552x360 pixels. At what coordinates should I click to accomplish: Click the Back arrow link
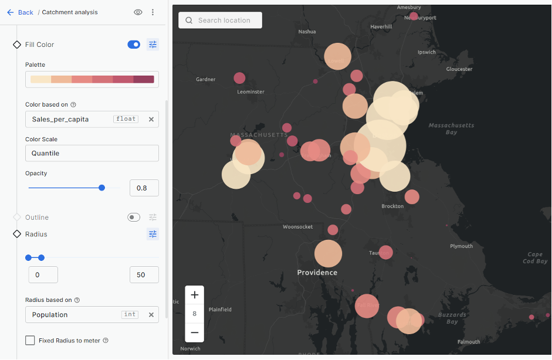coord(20,12)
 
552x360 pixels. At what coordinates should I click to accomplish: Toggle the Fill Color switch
coord(134,45)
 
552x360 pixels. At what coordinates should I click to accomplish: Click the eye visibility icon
coord(138,12)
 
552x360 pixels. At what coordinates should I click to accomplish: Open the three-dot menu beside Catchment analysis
coord(153,12)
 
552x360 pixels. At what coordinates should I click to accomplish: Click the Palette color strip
coord(92,79)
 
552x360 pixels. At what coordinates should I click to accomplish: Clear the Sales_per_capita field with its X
coord(151,119)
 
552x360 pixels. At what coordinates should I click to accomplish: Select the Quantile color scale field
coord(92,153)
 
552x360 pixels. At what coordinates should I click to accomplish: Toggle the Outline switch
coord(134,218)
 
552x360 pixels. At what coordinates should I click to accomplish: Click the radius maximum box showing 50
coord(144,274)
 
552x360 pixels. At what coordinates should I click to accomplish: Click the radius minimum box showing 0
coord(43,274)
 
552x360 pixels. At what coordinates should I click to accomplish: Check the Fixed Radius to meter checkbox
coord(30,341)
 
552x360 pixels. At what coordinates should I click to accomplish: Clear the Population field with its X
coord(151,315)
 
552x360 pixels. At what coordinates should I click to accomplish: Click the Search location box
coord(221,21)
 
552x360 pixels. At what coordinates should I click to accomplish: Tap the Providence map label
coord(317,273)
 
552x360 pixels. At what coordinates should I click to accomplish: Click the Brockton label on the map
coord(392,206)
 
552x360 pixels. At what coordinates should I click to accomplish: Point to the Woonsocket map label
coord(297,227)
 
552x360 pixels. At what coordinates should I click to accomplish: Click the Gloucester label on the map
coord(459,69)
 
